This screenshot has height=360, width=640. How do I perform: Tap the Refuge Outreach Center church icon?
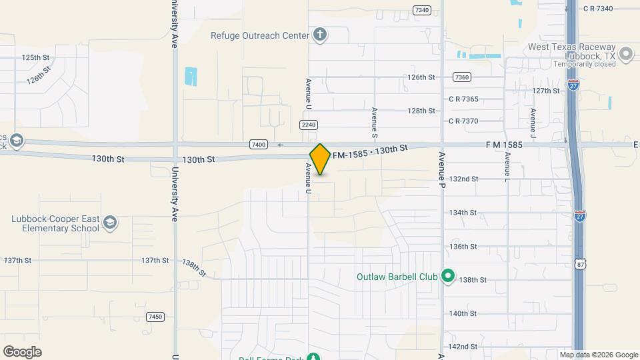click(320, 35)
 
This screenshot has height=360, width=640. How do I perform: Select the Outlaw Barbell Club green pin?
click(449, 276)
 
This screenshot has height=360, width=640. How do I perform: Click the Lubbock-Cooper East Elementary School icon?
click(110, 223)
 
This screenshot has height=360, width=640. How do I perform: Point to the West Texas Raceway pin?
click(626, 55)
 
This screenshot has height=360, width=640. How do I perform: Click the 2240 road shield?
click(308, 125)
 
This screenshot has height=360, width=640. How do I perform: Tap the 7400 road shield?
click(259, 144)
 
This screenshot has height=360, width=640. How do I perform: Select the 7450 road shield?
click(155, 317)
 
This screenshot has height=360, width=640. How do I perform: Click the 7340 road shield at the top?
click(421, 10)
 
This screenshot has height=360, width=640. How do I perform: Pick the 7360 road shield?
click(461, 77)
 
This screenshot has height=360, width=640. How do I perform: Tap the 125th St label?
click(35, 58)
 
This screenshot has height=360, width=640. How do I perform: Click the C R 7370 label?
click(463, 121)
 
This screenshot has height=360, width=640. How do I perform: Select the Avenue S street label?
click(375, 119)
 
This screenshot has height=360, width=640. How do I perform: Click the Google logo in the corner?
click(22, 352)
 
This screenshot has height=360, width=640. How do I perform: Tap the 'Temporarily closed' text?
click(585, 65)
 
